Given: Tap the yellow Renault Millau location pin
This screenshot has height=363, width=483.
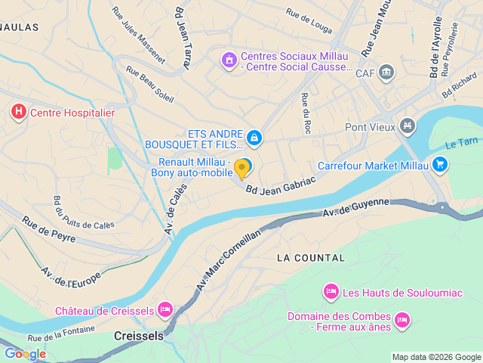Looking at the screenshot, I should point(241,168).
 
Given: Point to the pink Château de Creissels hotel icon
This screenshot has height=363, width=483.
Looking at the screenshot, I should point(165,309).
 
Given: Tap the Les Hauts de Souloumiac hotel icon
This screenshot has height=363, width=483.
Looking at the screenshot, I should point(331,291).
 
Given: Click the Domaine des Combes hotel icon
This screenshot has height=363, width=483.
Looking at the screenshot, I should point(401,321).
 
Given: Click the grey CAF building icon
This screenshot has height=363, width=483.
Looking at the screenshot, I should point(387,73).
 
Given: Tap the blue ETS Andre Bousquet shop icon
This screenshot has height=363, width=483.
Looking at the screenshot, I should point(254,138).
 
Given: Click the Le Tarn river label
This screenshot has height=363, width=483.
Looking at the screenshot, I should point(461,143).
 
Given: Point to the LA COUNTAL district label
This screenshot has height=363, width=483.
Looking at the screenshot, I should point(311,258).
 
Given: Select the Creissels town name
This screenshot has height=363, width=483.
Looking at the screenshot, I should point(138,335).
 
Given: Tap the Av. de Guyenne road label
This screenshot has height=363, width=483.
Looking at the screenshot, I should point(356,208).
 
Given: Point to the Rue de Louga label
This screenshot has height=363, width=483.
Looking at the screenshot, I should point(309,22).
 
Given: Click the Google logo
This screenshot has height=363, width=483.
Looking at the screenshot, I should point(25,353).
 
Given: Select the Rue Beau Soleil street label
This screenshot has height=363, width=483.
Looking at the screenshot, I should point(151,85).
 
